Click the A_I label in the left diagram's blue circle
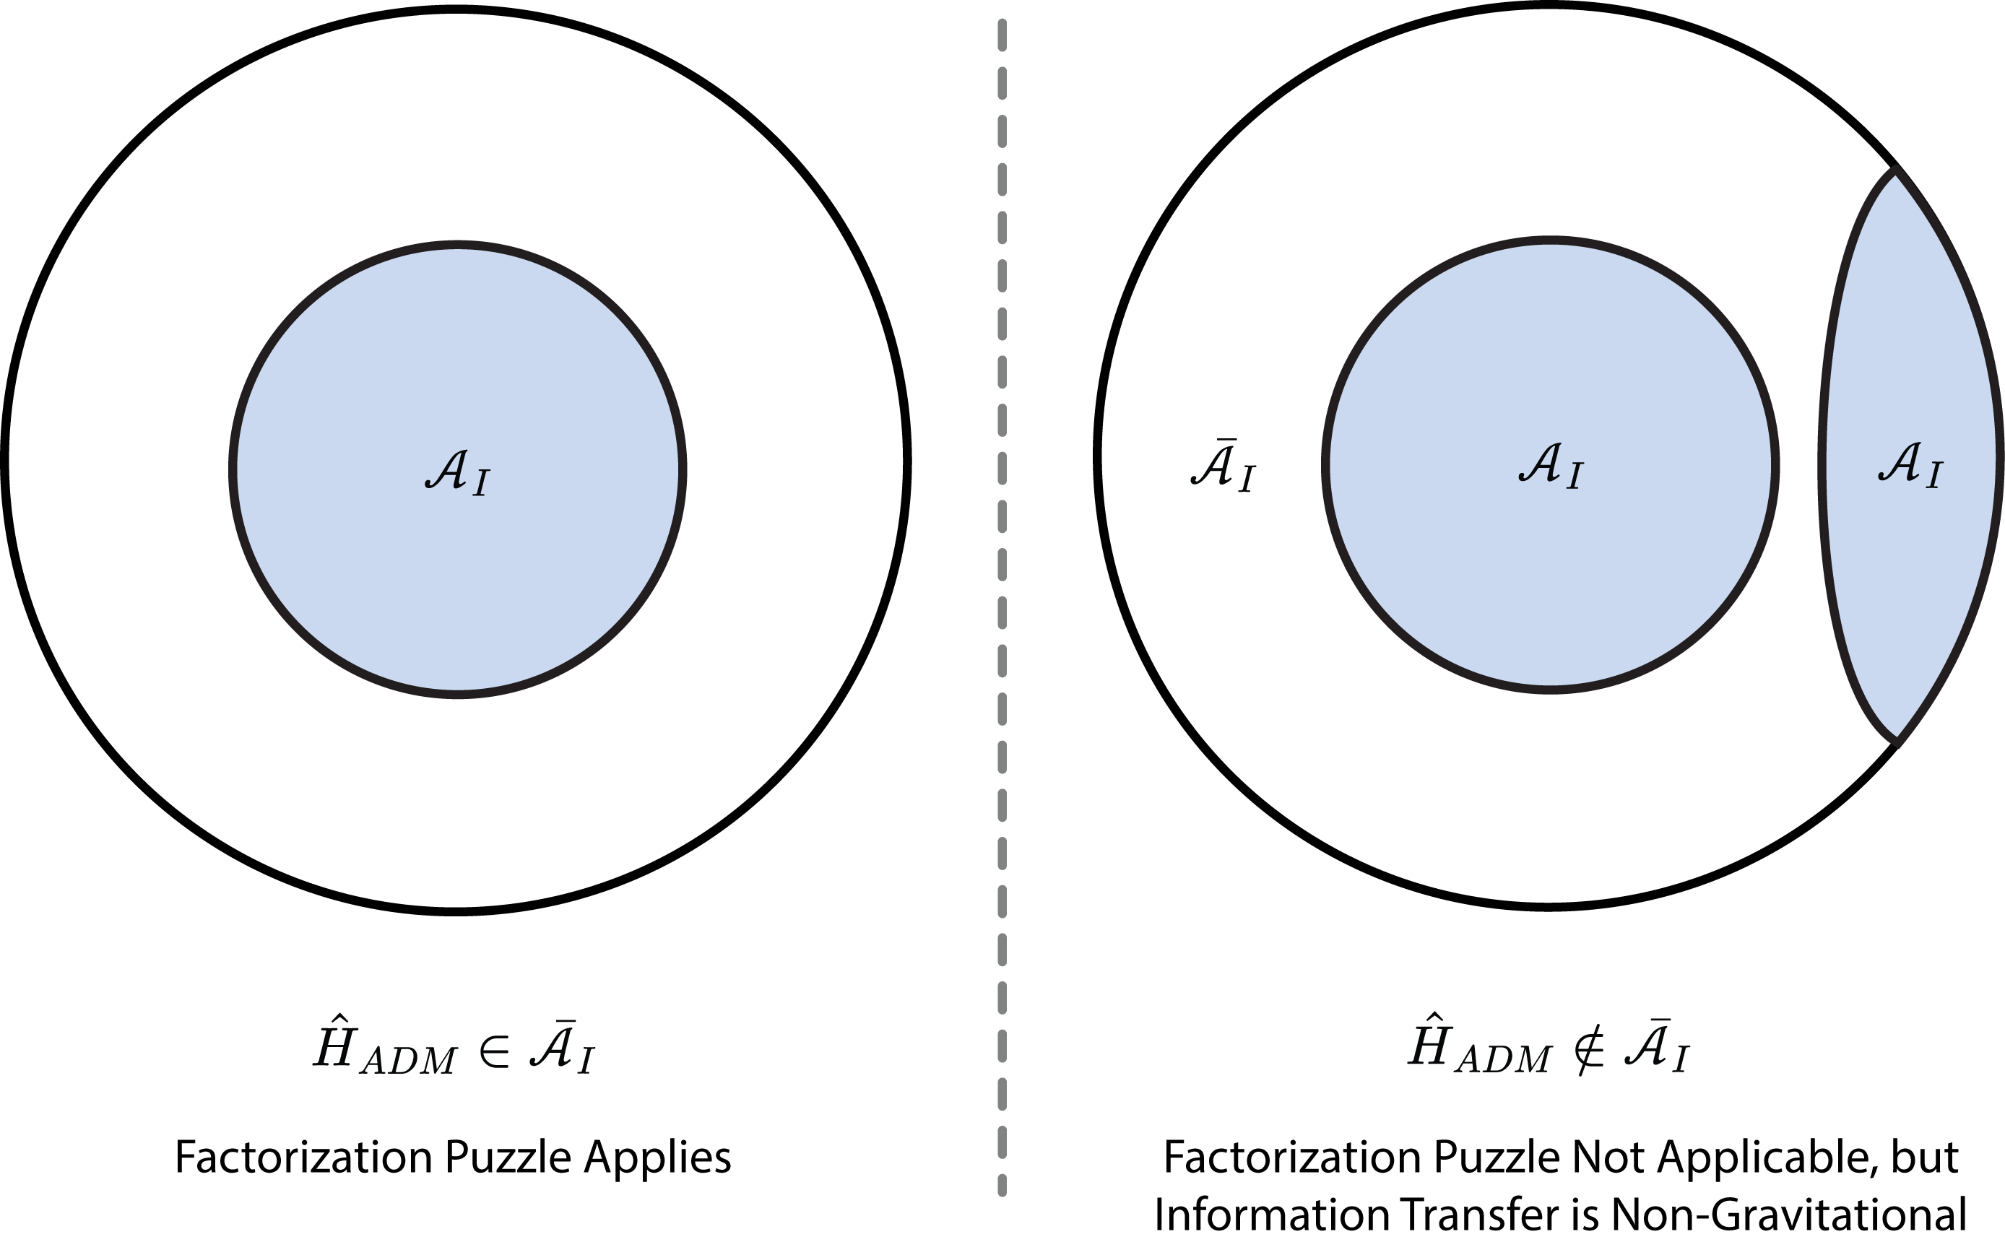[x=457, y=472]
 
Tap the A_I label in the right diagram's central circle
[x=1551, y=467]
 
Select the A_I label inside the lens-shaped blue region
[x=1910, y=466]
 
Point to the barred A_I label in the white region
[x=1223, y=466]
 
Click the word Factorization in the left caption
[x=303, y=1158]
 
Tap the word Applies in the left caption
[x=657, y=1159]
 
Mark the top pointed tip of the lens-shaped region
[x=1896, y=171]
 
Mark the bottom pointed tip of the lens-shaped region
[x=1896, y=742]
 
